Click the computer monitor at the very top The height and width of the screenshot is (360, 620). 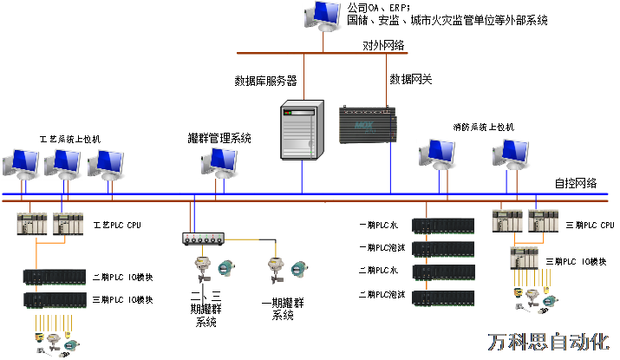[x=323, y=15]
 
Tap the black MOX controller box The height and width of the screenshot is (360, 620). [x=368, y=125]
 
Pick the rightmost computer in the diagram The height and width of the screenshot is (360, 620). [x=511, y=154]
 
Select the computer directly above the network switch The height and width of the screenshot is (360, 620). [x=219, y=161]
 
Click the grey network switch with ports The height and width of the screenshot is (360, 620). [x=203, y=238]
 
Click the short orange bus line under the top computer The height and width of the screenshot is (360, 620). [x=322, y=53]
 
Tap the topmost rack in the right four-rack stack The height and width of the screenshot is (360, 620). [x=443, y=226]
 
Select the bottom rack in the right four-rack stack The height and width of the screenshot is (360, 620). [x=443, y=298]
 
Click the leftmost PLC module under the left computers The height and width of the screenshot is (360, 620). [x=31, y=224]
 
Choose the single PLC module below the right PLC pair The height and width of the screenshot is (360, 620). [x=524, y=258]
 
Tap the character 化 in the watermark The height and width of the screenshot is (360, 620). [x=598, y=342]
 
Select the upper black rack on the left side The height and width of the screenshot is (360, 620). [x=54, y=277]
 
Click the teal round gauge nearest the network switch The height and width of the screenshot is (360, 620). [x=226, y=267]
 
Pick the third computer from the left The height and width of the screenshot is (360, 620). [x=106, y=164]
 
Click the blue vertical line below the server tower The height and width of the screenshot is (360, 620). [x=301, y=176]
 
